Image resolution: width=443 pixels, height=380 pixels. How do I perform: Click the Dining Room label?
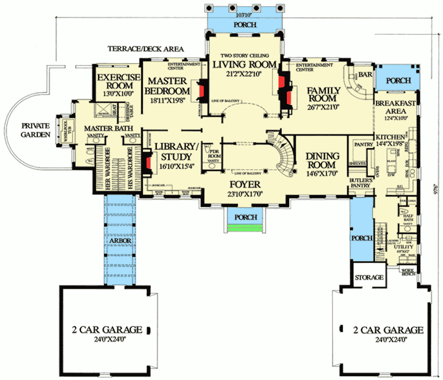(321, 161)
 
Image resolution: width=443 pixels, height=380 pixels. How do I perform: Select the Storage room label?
(369, 277)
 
